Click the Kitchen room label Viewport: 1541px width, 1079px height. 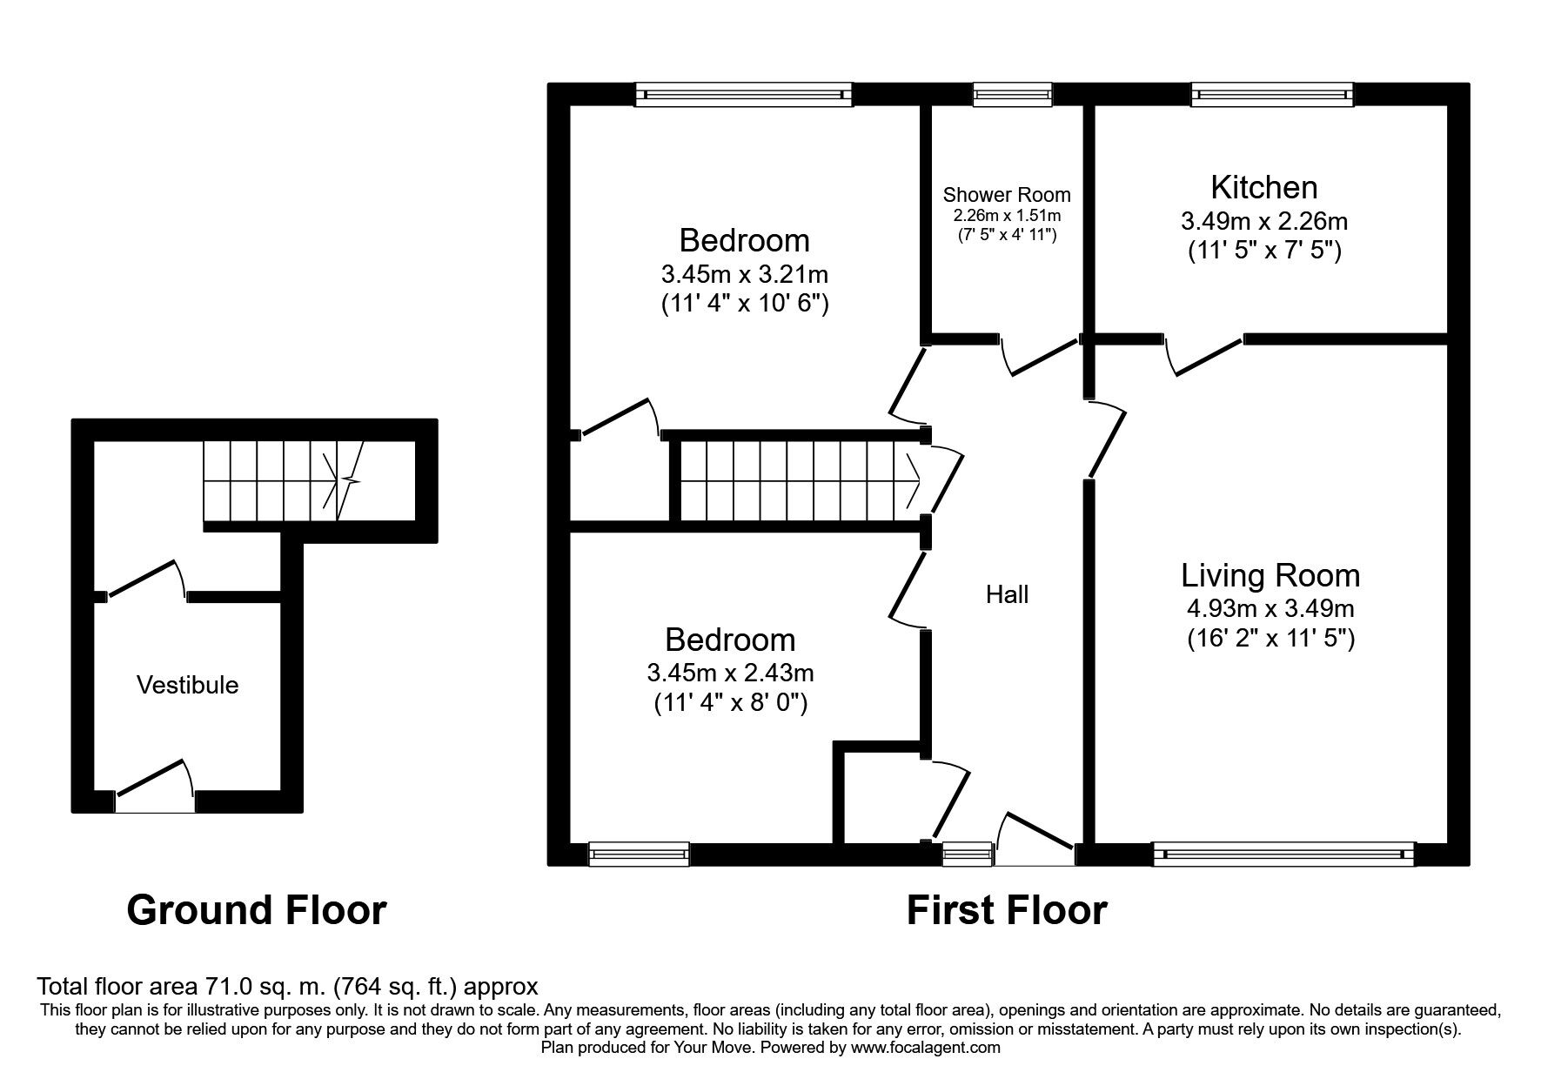coord(1263,188)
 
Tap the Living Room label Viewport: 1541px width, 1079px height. coord(1270,575)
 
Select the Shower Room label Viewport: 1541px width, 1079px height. coord(1007,195)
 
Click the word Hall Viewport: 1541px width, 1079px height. coord(1007,594)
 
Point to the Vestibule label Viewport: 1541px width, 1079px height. coord(187,685)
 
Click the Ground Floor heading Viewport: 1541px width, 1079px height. coord(256,910)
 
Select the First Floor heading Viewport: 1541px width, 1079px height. coord(1006,910)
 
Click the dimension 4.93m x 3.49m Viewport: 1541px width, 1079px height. coord(1270,608)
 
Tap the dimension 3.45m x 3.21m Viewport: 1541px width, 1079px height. coord(744,275)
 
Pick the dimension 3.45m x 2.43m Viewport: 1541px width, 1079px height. coord(730,673)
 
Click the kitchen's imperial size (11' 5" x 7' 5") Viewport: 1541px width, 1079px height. coord(1263,251)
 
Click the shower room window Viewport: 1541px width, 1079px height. coord(1012,94)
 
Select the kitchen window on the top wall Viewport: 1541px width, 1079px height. coord(1272,94)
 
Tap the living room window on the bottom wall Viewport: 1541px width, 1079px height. coord(1283,854)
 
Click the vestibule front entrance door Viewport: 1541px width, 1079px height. coord(154,783)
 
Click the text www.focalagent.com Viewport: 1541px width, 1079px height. coord(925,1048)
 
